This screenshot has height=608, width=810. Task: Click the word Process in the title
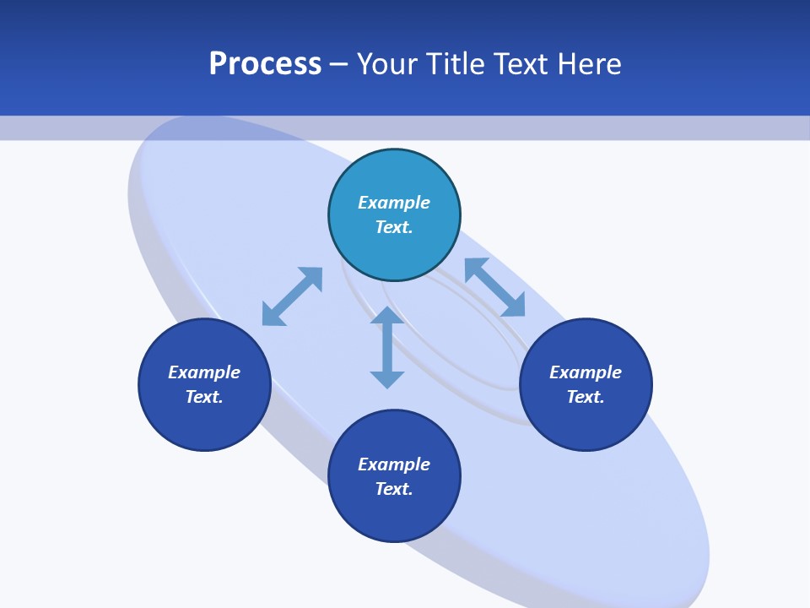265,64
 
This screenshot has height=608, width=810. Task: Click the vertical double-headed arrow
387,348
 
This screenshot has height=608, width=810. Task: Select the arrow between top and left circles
292,296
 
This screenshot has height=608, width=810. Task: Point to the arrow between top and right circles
494,287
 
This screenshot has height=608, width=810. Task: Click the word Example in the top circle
394,203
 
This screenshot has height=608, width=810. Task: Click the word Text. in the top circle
394,227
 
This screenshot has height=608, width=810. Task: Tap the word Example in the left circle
204,372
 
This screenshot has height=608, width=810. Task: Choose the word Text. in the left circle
204,397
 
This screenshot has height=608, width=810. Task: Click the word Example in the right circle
586,372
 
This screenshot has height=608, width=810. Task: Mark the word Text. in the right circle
586,397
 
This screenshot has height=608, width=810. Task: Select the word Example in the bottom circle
394,464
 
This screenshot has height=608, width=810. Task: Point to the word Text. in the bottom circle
394,489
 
